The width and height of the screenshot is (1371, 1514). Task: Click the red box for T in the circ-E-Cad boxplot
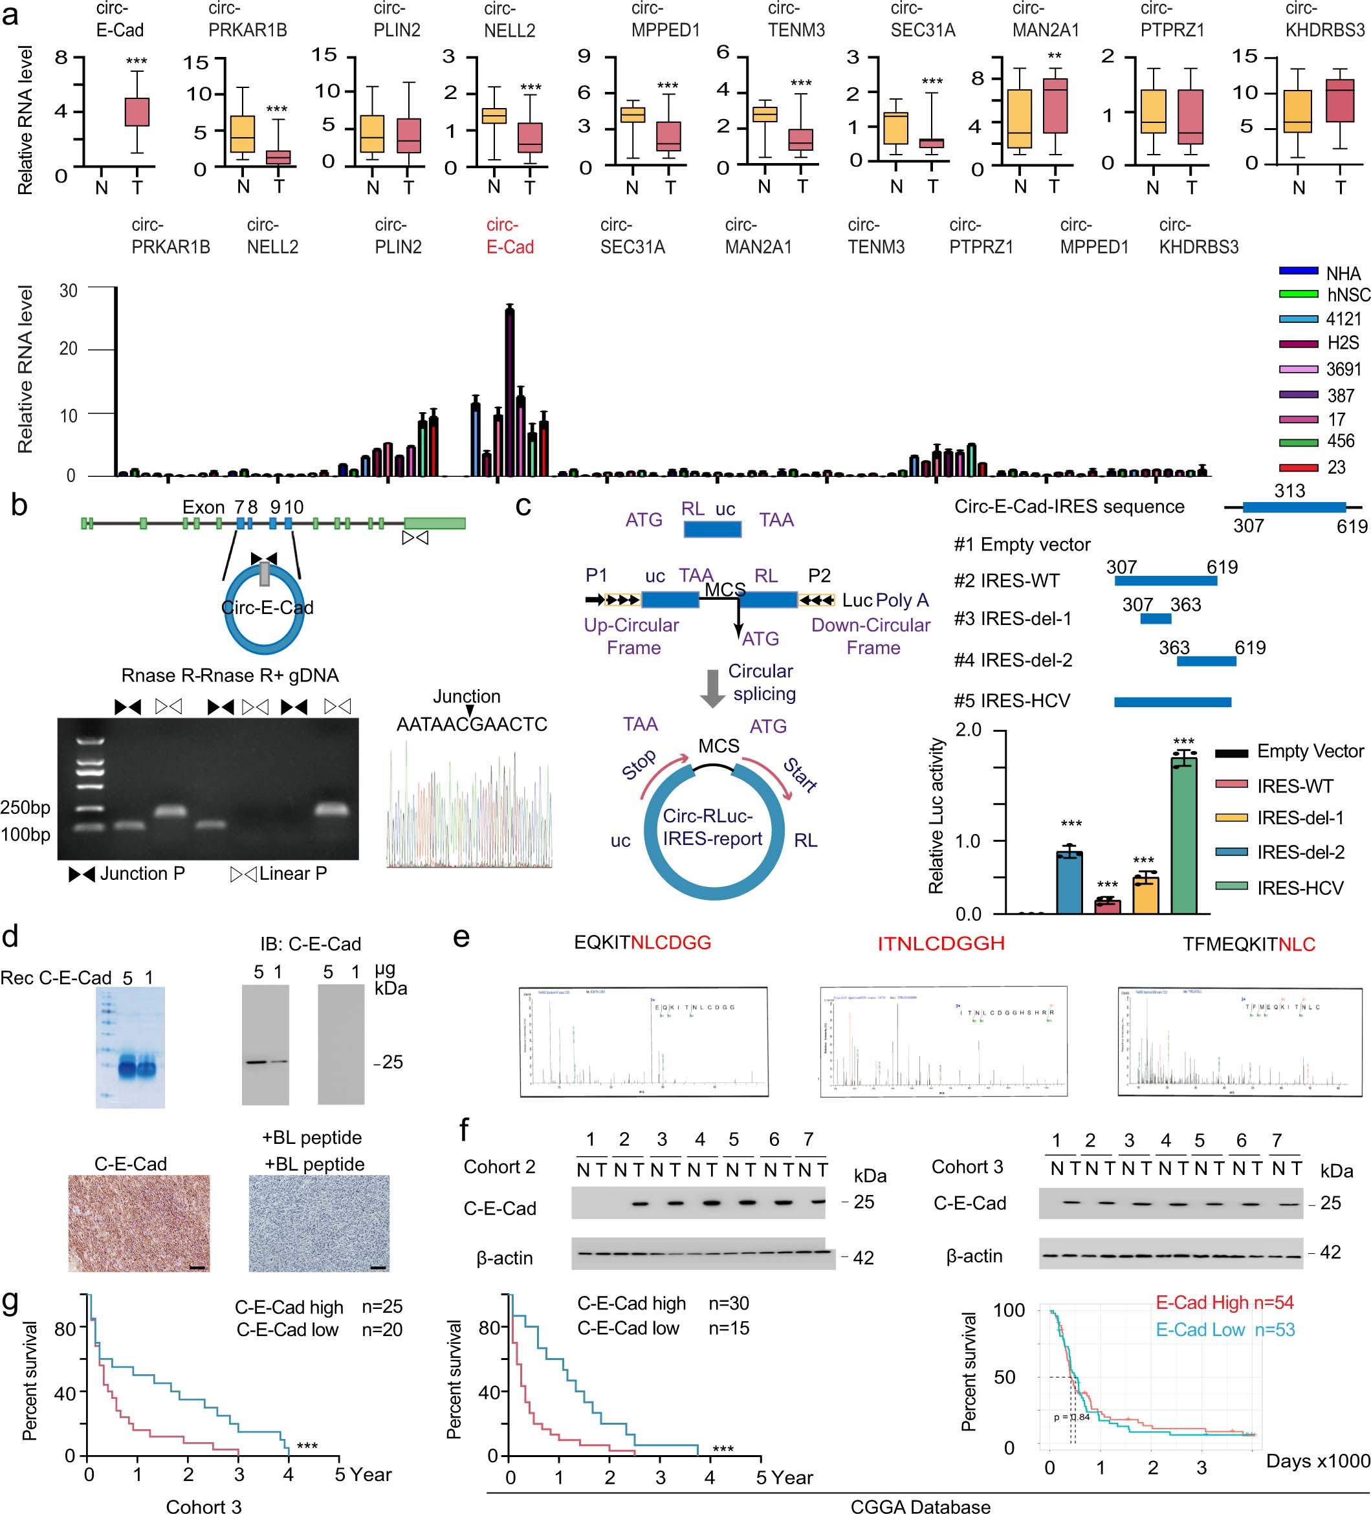pos(137,112)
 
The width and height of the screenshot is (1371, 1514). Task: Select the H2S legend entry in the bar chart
pos(1343,343)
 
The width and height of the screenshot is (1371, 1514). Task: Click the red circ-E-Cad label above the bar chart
pos(510,236)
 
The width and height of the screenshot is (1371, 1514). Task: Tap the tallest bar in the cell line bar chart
pos(510,391)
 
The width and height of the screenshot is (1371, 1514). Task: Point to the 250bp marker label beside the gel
pos(25,807)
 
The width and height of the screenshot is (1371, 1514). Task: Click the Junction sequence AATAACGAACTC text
pos(472,724)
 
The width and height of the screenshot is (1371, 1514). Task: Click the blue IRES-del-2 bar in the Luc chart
pos(1069,883)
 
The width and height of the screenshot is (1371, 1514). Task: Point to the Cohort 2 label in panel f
pos(499,1167)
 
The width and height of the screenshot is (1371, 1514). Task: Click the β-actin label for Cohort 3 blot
pos(974,1256)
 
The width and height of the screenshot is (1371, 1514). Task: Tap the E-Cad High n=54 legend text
pos(1225,1303)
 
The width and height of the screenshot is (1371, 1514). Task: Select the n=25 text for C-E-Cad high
pos(382,1307)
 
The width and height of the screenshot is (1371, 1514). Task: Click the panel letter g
pos(11,1302)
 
